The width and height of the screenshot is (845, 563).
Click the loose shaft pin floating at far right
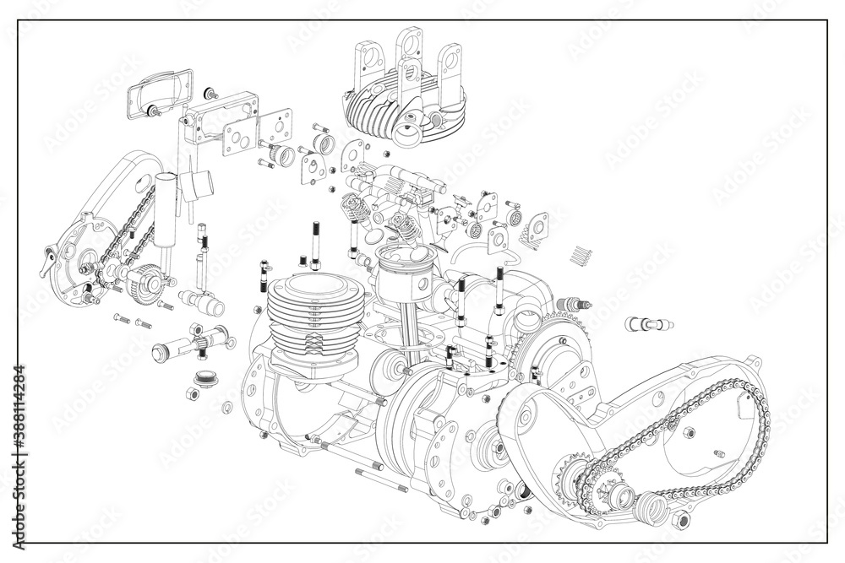tap(648, 323)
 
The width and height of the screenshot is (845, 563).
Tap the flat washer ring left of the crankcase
tap(226, 409)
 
